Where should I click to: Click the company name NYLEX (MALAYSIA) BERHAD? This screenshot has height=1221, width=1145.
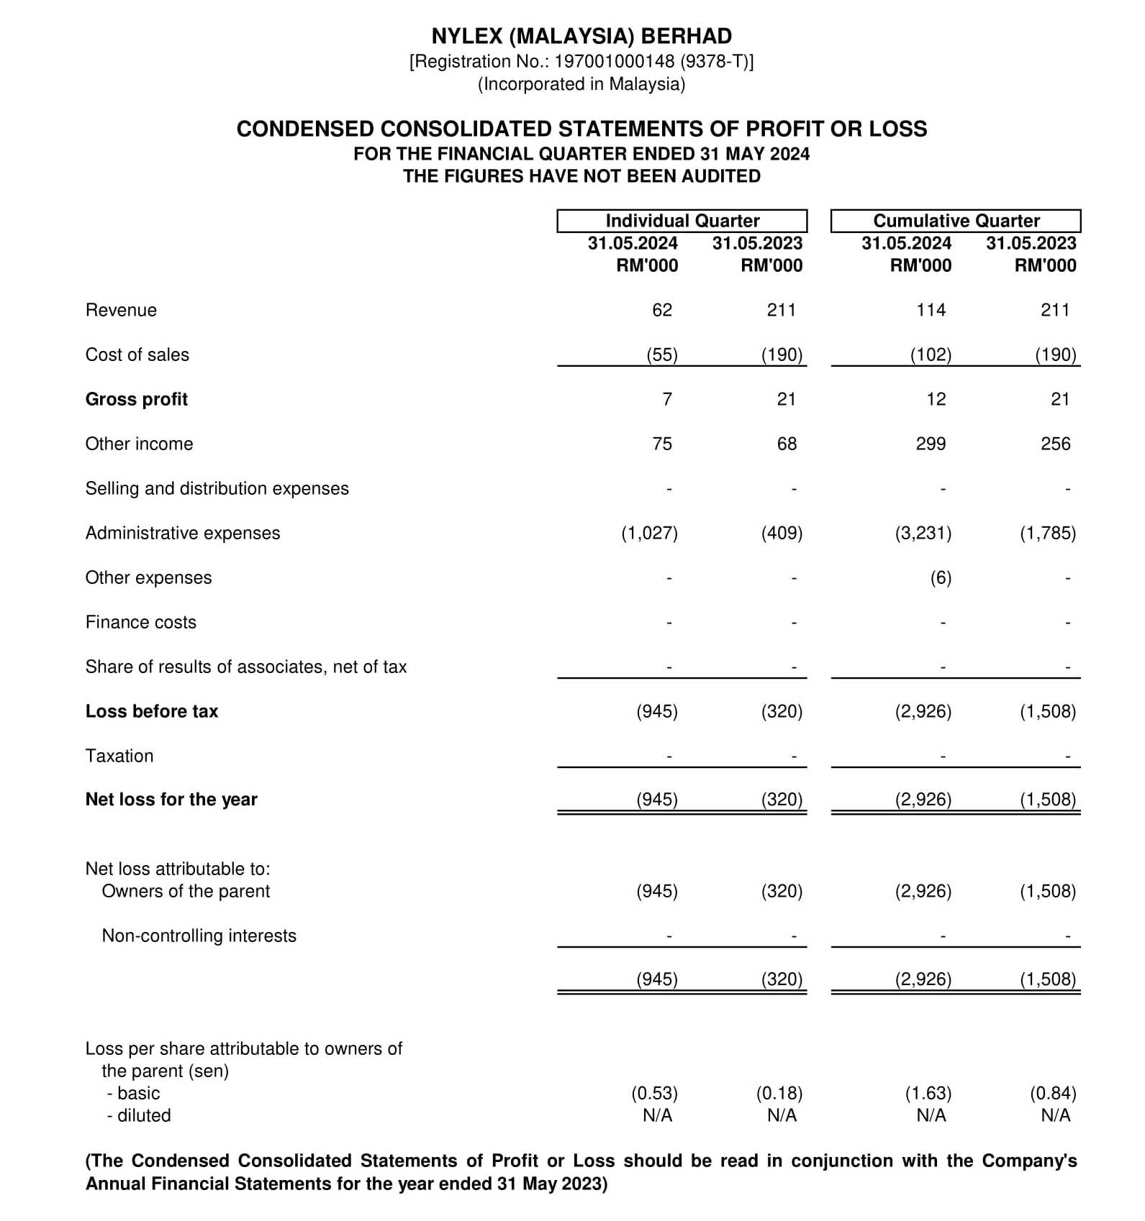(x=581, y=36)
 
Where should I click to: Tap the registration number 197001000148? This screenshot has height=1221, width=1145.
(x=615, y=61)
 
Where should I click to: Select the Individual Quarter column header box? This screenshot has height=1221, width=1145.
(x=682, y=221)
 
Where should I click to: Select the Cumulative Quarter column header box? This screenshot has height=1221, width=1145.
(x=956, y=221)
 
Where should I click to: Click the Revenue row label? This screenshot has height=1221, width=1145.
(x=121, y=310)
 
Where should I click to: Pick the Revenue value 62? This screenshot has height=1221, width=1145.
(x=661, y=310)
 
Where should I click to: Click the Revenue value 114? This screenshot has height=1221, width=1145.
(x=931, y=310)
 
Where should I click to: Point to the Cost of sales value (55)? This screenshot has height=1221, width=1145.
(x=661, y=355)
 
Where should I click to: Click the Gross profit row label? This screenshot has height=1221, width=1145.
(x=136, y=399)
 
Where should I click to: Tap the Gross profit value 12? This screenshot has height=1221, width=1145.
(x=936, y=399)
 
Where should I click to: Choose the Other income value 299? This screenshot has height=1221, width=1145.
(x=931, y=444)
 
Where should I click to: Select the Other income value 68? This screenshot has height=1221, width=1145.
(x=787, y=444)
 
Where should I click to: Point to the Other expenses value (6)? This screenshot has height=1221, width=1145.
(x=941, y=577)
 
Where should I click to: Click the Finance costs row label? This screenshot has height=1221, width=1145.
(x=140, y=622)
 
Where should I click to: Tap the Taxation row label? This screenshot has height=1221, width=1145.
(x=119, y=756)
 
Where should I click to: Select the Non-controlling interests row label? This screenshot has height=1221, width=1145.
(x=199, y=936)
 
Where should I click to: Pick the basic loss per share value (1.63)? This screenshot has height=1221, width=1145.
(x=928, y=1093)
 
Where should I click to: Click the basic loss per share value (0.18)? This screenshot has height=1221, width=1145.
(x=779, y=1093)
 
